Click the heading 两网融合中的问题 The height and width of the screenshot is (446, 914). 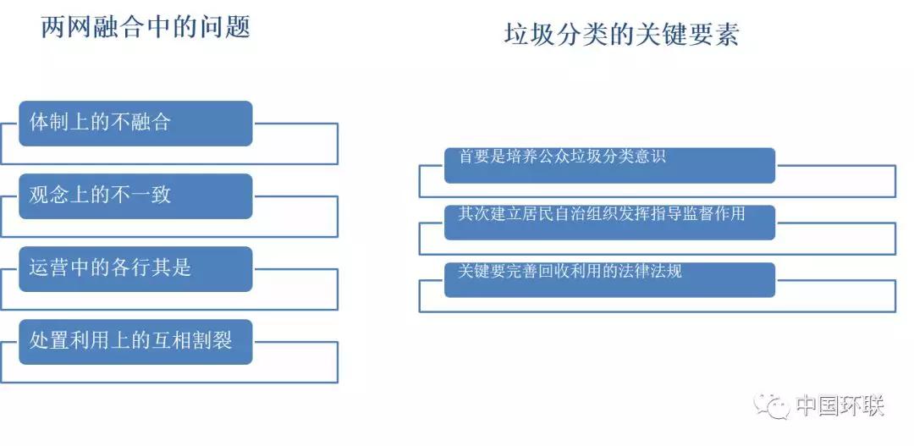146,27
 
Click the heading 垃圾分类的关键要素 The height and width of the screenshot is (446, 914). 621,35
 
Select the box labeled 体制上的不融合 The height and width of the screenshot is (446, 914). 135,124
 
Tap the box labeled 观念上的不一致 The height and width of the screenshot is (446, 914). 135,196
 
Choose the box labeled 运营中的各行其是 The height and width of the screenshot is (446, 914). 135,269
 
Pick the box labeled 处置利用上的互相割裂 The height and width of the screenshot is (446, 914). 135,342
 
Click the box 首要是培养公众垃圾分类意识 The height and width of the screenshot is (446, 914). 609,166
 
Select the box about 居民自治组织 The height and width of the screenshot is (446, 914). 609,222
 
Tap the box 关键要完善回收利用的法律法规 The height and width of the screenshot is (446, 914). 609,280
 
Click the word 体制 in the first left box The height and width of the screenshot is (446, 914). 49,123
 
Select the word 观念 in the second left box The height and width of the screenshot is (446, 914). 49,195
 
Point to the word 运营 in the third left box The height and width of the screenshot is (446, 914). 49,267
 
